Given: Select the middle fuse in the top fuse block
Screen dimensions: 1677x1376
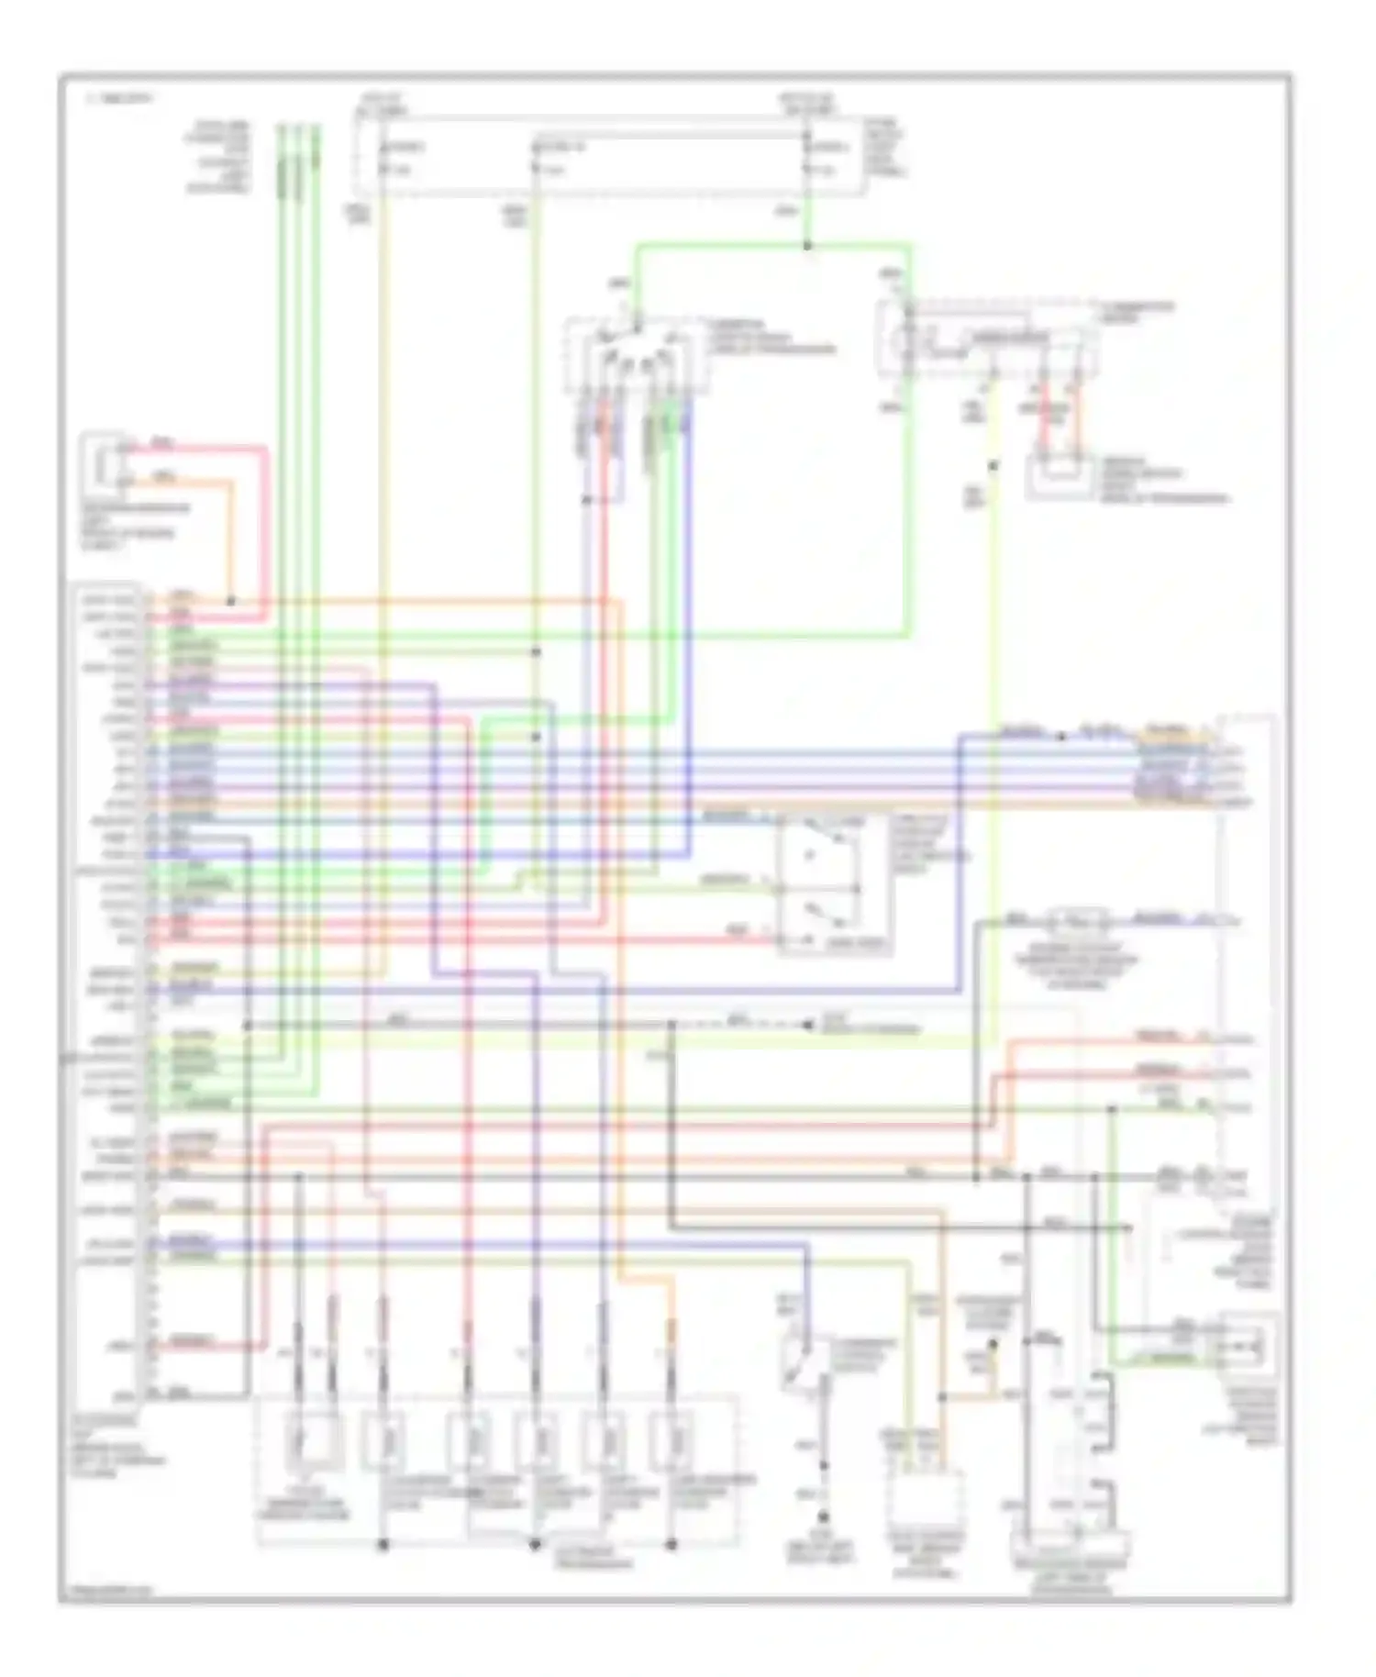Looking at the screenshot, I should coord(537,158).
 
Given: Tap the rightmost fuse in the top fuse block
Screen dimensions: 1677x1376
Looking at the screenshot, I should coord(807,158).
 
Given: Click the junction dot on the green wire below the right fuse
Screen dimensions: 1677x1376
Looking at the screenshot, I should coord(807,246).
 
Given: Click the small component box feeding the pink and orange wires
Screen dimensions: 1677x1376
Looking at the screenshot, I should coord(105,464).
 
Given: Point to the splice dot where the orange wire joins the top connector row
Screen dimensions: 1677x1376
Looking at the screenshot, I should coord(231,601).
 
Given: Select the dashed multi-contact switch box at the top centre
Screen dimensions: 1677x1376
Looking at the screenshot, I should coord(636,356).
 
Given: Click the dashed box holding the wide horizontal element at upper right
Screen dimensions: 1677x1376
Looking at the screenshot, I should coord(988,338).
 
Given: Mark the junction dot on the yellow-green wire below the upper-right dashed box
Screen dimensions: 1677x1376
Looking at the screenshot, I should coord(993,466).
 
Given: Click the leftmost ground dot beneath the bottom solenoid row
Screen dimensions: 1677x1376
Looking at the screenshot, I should coord(383,1545).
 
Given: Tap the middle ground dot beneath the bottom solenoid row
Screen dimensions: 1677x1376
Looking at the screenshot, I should coord(535,1545).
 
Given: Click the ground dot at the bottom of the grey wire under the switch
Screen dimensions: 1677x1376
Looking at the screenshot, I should coord(823,1517).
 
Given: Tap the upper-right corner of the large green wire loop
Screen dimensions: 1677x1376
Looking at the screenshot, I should coord(910,246).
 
